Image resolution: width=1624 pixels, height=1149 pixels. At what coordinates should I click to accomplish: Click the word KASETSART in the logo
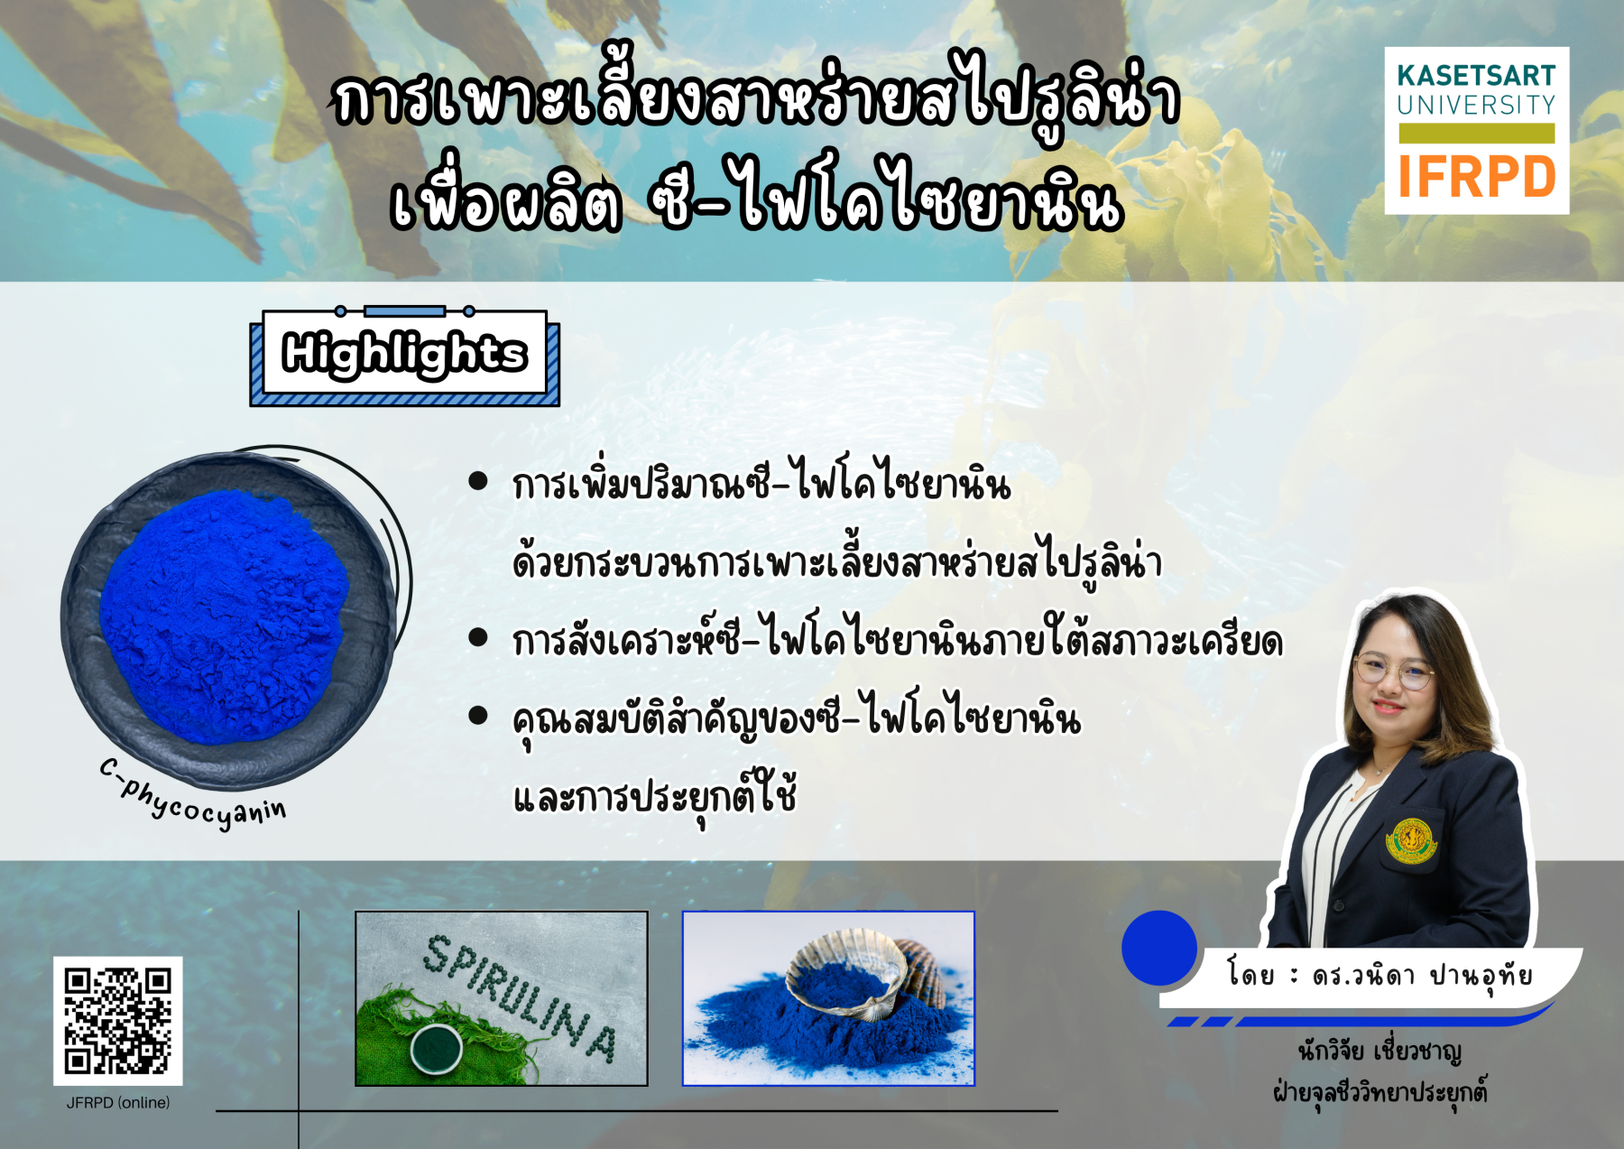[1476, 75]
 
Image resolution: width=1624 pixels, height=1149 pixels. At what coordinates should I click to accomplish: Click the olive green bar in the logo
[1476, 134]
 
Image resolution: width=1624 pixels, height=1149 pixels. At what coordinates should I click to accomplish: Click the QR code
[117, 1021]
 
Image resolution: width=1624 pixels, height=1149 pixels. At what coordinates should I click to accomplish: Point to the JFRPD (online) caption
[117, 1103]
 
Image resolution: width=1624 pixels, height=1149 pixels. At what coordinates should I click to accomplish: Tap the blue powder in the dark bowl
[223, 616]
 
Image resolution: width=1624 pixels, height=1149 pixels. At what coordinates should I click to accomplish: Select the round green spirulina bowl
[437, 1048]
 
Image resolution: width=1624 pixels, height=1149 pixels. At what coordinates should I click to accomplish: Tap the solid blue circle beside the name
[1158, 948]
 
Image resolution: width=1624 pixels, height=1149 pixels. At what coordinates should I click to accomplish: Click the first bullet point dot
[478, 481]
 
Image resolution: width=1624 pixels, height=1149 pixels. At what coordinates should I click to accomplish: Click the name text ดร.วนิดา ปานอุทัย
[1422, 977]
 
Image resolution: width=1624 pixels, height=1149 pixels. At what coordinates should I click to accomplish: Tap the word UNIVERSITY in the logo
[1476, 106]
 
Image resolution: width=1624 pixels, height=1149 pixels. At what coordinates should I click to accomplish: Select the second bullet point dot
[478, 638]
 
